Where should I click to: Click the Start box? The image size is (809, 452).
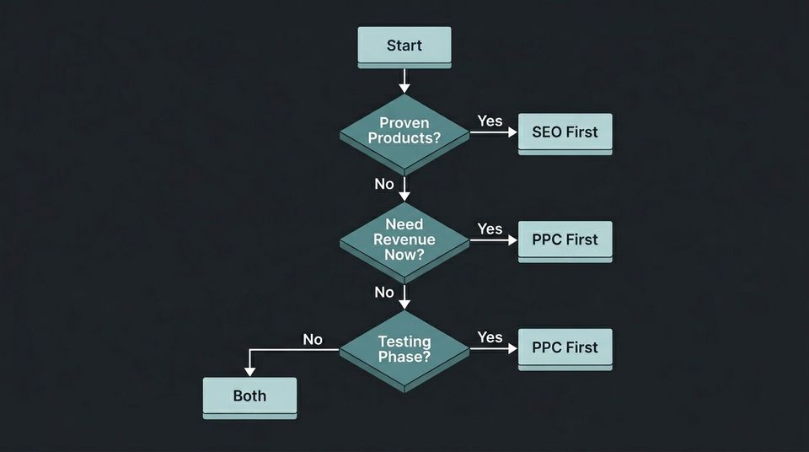click(x=404, y=46)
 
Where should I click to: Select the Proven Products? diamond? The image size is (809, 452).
click(x=404, y=132)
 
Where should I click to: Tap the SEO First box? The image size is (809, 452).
click(x=565, y=132)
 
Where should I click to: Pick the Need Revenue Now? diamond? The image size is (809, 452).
click(x=404, y=239)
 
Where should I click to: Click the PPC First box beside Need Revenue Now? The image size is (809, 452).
click(x=565, y=239)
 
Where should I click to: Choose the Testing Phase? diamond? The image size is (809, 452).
click(x=404, y=348)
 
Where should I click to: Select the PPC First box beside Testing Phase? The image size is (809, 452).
click(x=565, y=347)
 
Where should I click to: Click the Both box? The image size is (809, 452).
click(x=249, y=395)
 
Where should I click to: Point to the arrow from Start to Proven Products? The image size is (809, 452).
click(x=404, y=80)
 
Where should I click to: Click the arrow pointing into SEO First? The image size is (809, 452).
click(x=494, y=132)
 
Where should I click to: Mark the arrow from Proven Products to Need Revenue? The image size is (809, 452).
click(x=404, y=187)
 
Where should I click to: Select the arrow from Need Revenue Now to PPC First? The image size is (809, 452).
click(x=494, y=240)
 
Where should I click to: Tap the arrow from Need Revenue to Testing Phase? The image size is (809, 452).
click(x=404, y=296)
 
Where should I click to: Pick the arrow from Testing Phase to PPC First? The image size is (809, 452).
click(x=494, y=348)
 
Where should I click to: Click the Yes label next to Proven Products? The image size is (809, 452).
click(x=490, y=121)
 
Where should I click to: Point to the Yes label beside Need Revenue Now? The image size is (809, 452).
click(x=490, y=229)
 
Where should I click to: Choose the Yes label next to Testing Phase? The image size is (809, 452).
click(x=490, y=337)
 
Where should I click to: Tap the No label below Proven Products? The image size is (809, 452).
click(x=384, y=184)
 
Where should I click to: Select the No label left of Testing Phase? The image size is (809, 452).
click(x=313, y=339)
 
